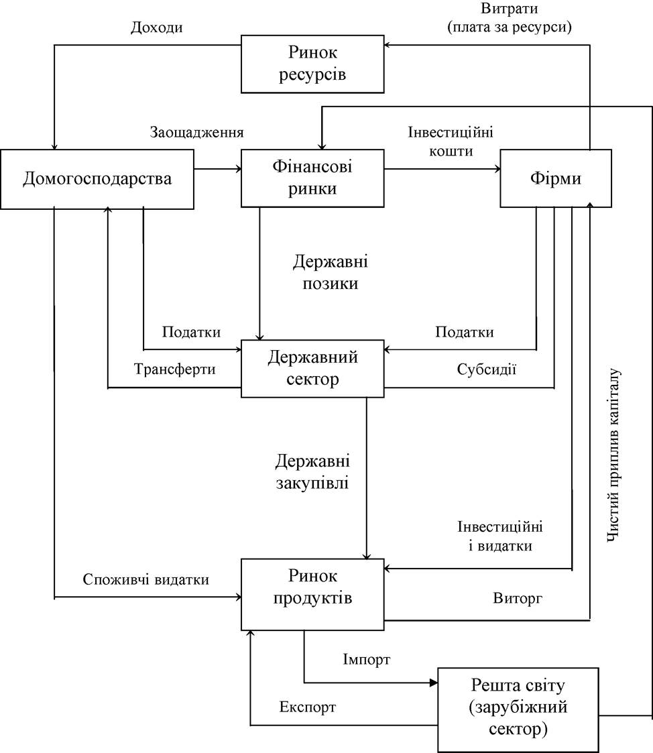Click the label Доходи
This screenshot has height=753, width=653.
(156, 27)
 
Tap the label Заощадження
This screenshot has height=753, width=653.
(197, 132)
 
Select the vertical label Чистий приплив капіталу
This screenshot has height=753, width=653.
(613, 455)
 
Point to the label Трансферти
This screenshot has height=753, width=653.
(174, 369)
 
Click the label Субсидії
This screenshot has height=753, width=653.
(486, 369)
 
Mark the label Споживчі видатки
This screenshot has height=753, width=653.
(146, 579)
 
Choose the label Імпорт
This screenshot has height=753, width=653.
(366, 659)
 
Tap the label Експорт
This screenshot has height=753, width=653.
(307, 707)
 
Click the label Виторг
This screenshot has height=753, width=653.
(518, 598)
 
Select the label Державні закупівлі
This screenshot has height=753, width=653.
(312, 471)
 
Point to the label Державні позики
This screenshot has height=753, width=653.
(331, 272)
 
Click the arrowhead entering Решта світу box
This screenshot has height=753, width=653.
(434, 683)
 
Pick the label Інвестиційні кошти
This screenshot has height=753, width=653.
(451, 141)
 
